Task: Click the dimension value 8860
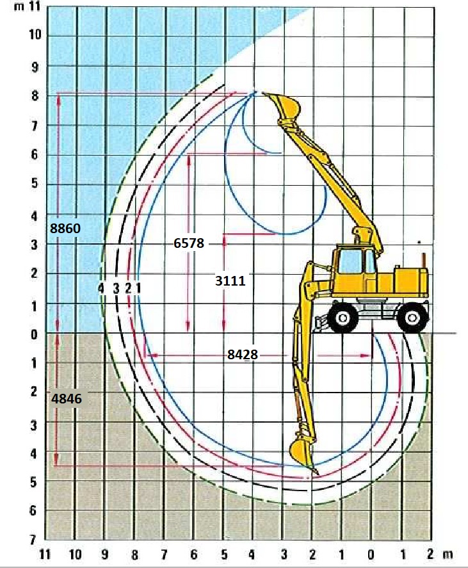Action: click(65, 229)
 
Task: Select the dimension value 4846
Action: click(67, 399)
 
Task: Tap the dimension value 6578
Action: click(189, 243)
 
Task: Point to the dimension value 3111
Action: click(230, 280)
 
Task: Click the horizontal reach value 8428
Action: click(243, 354)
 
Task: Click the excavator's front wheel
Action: click(343, 318)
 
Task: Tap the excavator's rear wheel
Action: click(412, 318)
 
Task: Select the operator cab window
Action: click(350, 261)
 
